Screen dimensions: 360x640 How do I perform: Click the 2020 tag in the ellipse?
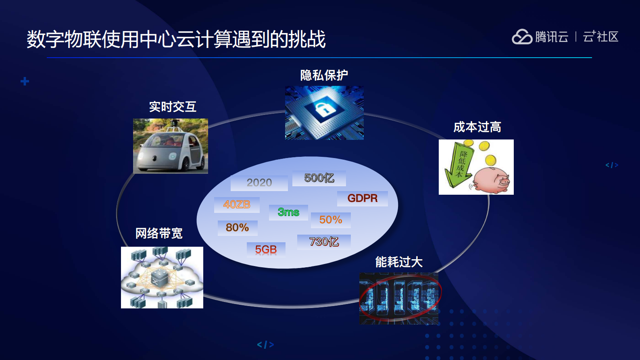tap(259, 183)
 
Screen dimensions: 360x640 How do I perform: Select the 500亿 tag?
tap(319, 178)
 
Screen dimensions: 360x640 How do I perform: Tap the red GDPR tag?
tap(363, 198)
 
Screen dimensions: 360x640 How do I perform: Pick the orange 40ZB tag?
tap(237, 204)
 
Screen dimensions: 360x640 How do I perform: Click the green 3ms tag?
tap(288, 212)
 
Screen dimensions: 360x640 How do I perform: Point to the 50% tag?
tap(331, 220)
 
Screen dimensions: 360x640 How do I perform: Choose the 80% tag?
tap(237, 227)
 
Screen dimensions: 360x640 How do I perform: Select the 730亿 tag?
tap(324, 241)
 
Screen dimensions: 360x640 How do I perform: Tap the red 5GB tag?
tap(266, 250)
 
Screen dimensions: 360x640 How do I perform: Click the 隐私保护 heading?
tap(324, 75)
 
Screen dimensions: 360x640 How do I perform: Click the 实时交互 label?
tap(173, 107)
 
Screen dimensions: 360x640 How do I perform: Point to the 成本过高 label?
tap(477, 127)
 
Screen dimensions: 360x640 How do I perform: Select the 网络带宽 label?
tap(159, 233)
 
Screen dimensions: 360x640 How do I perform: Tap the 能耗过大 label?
tap(399, 262)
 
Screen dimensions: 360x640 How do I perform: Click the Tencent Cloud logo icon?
tap(522, 37)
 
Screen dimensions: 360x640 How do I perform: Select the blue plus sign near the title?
tap(25, 81)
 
